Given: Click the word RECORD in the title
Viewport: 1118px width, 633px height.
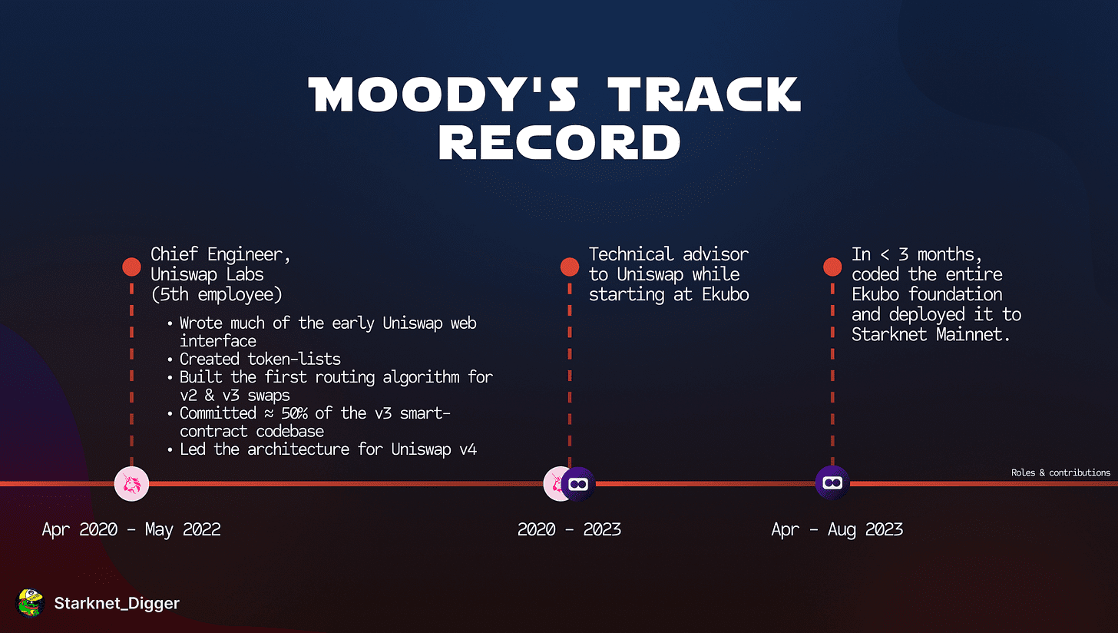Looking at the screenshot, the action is pyautogui.click(x=560, y=142).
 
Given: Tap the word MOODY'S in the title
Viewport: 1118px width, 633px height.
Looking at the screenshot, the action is pyautogui.click(x=443, y=94).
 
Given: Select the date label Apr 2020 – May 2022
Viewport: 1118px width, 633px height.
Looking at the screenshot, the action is pyautogui.click(x=131, y=529).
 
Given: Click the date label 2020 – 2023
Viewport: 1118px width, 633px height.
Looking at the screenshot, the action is pyautogui.click(x=569, y=529).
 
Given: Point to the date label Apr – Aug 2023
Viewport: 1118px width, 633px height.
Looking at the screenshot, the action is pyautogui.click(x=837, y=529).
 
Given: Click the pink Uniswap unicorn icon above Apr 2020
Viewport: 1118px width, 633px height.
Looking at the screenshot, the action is pyautogui.click(x=132, y=484).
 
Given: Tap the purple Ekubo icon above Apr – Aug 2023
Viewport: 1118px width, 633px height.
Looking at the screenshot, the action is pyautogui.click(x=832, y=483).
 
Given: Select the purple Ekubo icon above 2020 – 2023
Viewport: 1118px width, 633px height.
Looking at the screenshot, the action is pyautogui.click(x=578, y=484).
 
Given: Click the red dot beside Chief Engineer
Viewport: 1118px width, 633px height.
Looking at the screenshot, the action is pyautogui.click(x=132, y=267).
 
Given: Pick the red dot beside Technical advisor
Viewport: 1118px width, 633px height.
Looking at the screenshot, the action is pyautogui.click(x=570, y=267).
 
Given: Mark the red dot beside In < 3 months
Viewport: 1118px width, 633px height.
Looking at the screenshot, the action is pyautogui.click(x=832, y=267).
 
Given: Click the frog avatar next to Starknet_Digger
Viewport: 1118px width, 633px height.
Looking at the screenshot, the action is pyautogui.click(x=31, y=603).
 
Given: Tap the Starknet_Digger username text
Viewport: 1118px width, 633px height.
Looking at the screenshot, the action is pyautogui.click(x=117, y=604).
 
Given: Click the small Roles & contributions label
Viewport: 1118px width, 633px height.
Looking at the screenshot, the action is pyautogui.click(x=1060, y=472).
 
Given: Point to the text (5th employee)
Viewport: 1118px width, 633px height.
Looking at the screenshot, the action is pyautogui.click(x=217, y=294).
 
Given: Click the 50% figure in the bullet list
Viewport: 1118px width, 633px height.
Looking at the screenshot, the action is pyautogui.click(x=295, y=413).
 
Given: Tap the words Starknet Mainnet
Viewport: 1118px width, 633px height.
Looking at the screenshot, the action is pyautogui.click(x=931, y=334).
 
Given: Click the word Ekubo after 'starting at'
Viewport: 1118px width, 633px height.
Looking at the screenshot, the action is pyautogui.click(x=726, y=294).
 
